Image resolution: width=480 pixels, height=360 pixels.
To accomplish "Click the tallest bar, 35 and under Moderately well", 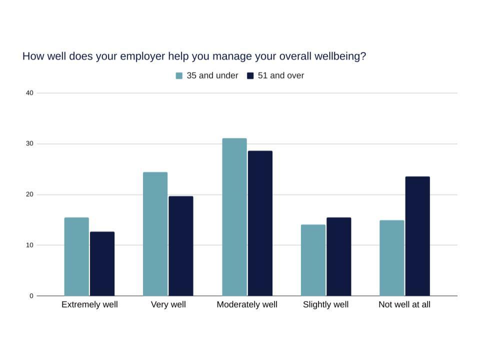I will pyautogui.click(x=234, y=217).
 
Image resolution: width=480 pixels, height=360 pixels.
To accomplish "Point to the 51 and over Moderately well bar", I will pyautogui.click(x=260, y=223).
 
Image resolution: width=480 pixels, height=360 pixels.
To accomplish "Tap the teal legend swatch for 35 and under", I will pyautogui.click(x=179, y=76).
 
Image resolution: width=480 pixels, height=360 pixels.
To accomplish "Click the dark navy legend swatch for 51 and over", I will pyautogui.click(x=250, y=76).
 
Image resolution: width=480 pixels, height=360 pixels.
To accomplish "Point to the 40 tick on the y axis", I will pyautogui.click(x=29, y=93).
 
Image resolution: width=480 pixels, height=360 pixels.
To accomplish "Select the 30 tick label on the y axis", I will pyautogui.click(x=29, y=144).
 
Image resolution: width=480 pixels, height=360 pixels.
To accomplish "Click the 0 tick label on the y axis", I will pyautogui.click(x=31, y=296).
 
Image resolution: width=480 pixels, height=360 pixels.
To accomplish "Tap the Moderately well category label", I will pyautogui.click(x=247, y=304).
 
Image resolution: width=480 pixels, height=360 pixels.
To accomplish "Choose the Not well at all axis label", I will pyautogui.click(x=404, y=304).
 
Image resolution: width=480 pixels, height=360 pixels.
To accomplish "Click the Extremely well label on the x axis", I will pyautogui.click(x=89, y=304).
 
